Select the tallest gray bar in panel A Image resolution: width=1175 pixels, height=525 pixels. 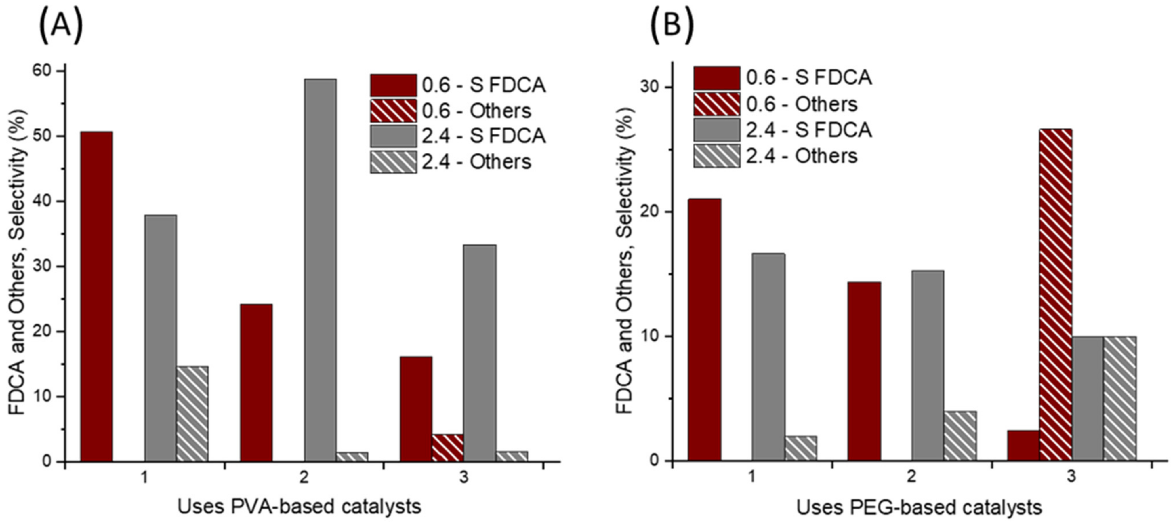coord(321,269)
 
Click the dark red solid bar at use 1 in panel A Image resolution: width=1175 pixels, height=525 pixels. coord(97,297)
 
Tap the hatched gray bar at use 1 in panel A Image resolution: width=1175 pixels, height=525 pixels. coord(192,413)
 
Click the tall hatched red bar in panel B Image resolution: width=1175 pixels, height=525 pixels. coord(1056,294)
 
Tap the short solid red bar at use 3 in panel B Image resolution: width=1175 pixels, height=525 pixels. coord(1024,445)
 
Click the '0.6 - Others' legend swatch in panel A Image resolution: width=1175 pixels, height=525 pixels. coord(393,111)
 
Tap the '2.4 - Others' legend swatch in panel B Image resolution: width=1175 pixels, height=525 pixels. coord(717,156)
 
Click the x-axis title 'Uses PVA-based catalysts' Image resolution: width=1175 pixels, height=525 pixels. coord(299,507)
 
